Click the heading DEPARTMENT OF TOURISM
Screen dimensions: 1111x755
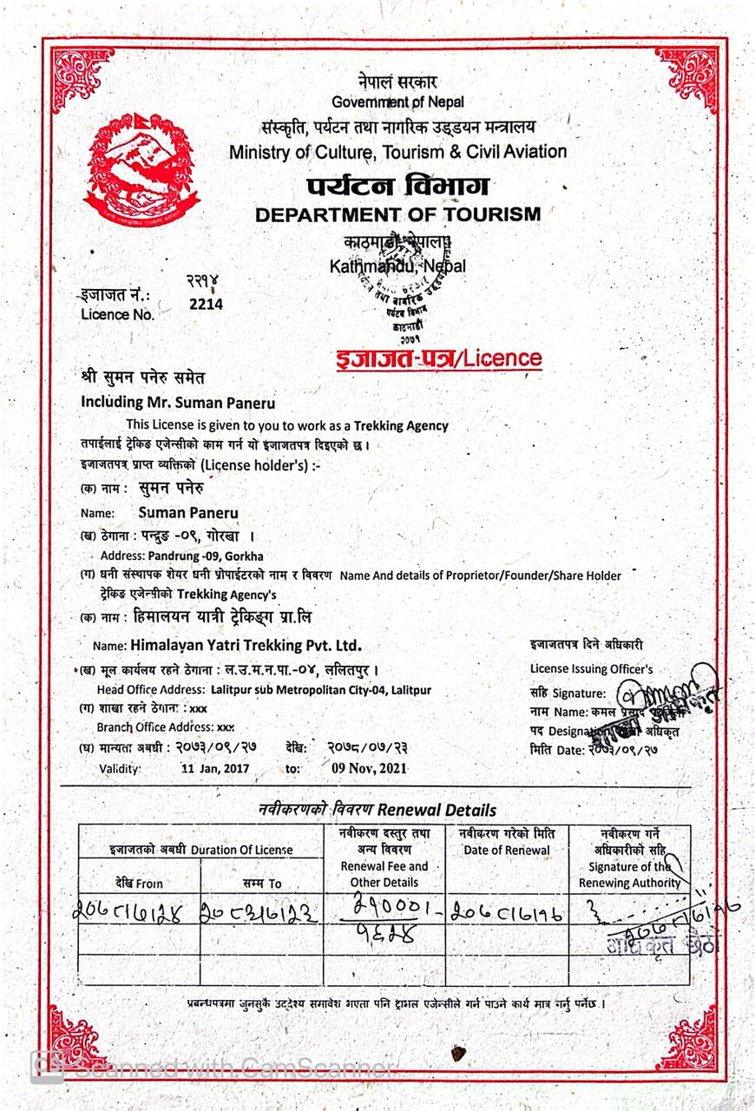pos(397,214)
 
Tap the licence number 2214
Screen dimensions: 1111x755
pos(206,304)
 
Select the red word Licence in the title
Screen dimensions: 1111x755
pos(502,358)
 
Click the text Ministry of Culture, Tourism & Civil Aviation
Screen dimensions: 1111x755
pos(398,152)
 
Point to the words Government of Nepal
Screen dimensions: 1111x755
pos(397,102)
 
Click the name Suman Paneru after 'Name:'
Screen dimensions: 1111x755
pos(188,513)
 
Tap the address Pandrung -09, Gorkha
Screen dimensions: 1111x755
pos(206,555)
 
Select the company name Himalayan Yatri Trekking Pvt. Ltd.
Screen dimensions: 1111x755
pos(245,645)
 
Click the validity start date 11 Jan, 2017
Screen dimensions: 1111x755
pos(215,768)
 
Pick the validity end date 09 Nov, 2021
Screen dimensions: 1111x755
pos(369,768)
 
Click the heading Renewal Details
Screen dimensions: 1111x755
pos(444,810)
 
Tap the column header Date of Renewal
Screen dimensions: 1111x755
pos(506,851)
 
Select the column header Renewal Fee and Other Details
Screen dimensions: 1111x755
pos(384,874)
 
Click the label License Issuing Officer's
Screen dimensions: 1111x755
pos(591,668)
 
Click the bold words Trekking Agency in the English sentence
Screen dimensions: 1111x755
pos(401,425)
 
